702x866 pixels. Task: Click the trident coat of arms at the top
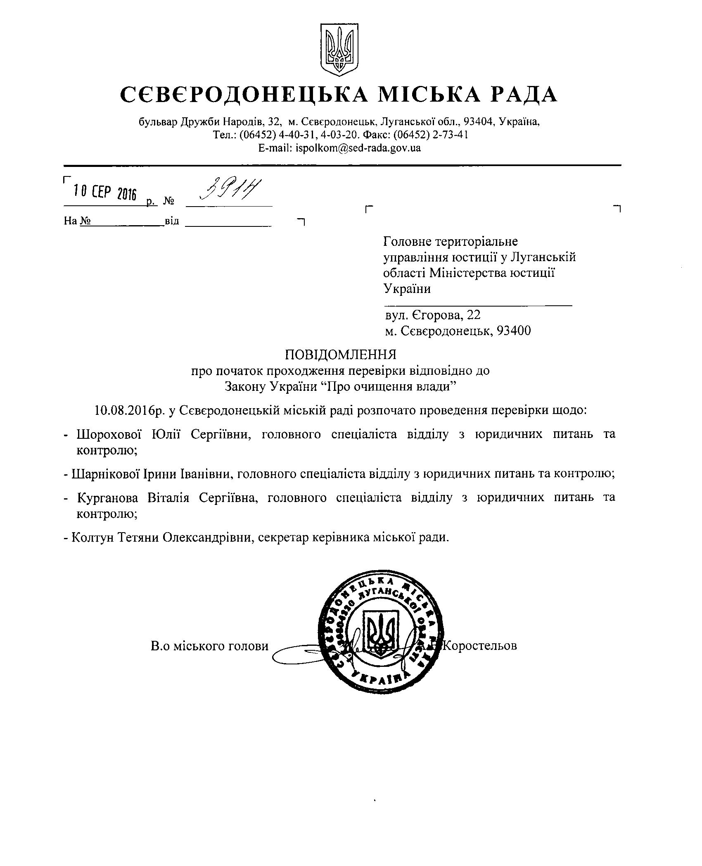tap(339, 50)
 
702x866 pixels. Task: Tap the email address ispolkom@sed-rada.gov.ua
tap(358, 148)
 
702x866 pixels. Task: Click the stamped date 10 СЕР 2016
tap(104, 192)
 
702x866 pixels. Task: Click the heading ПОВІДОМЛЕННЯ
tap(340, 354)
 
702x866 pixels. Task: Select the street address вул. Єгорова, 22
tap(433, 315)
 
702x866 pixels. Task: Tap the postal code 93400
tap(514, 331)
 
